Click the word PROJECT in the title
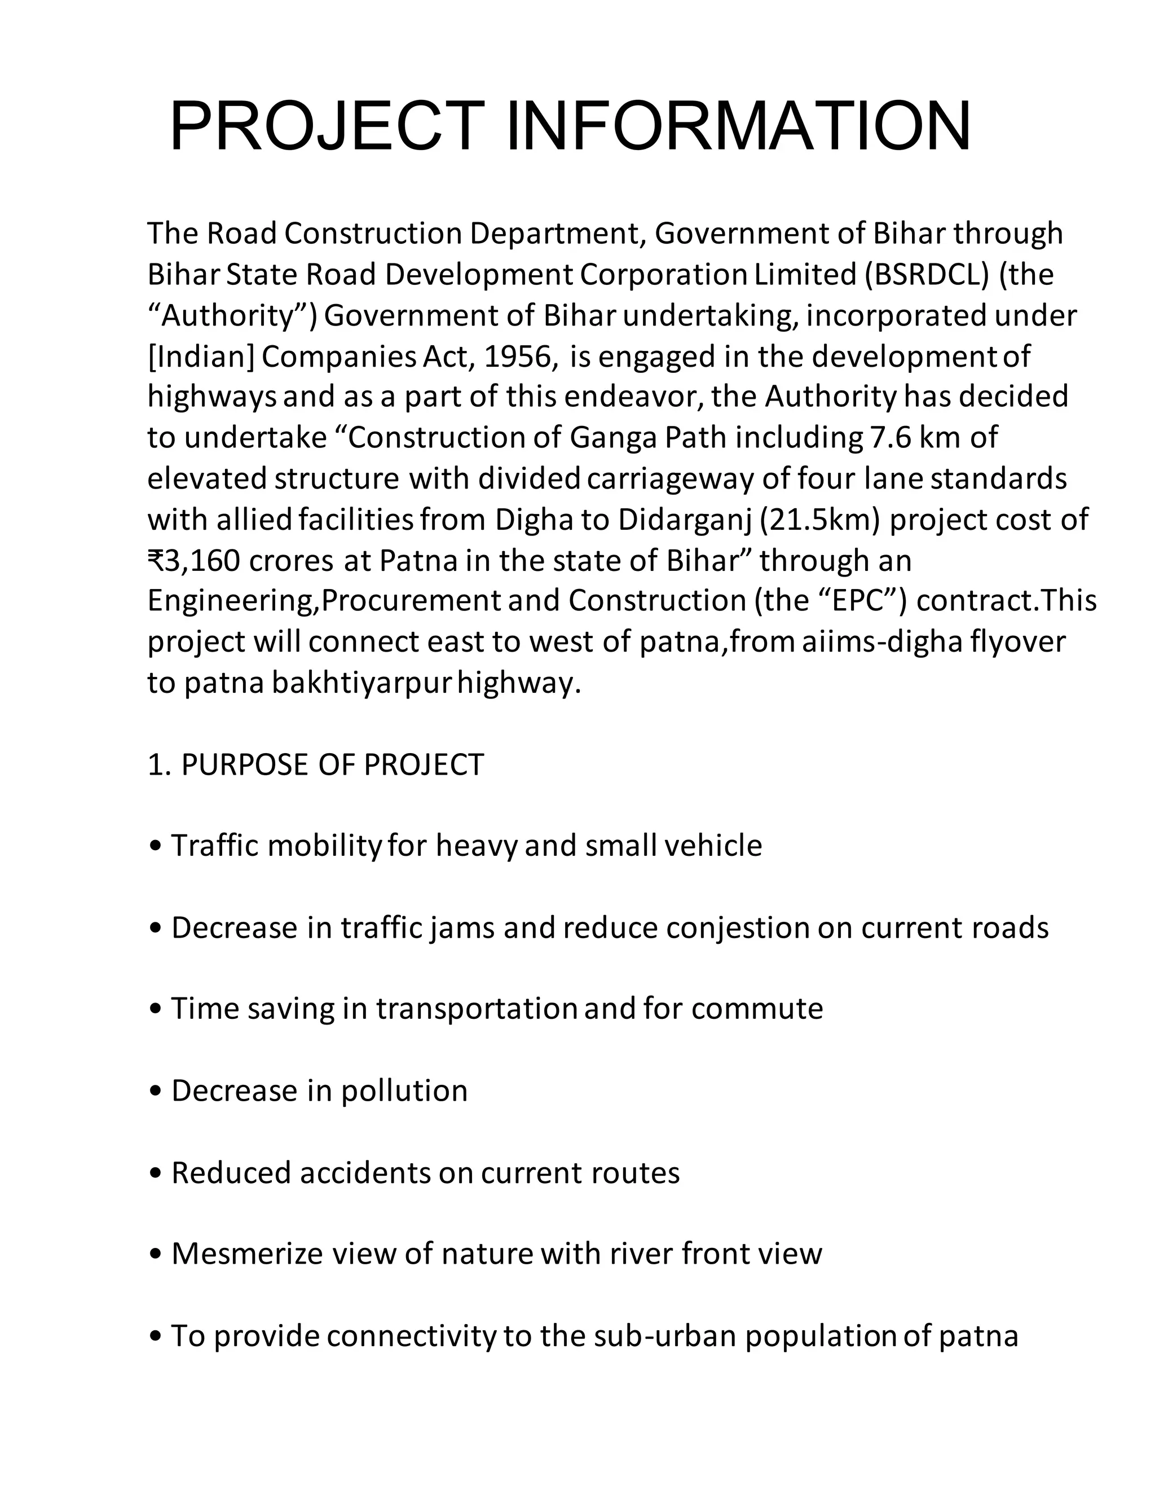[x=327, y=126]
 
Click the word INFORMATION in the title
[x=738, y=126]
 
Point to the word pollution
[x=404, y=1091]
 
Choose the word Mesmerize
[x=247, y=1254]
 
